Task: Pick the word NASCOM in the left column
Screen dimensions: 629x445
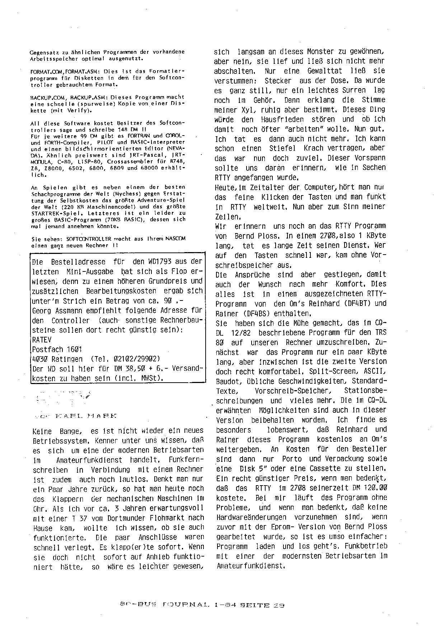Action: pyautogui.click(x=175, y=238)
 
